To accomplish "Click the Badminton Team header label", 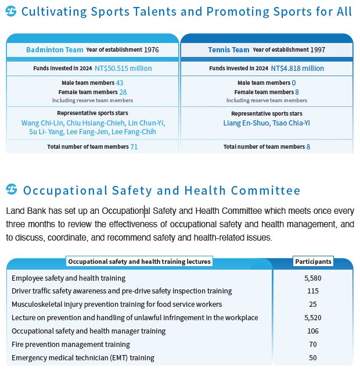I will tap(55, 50).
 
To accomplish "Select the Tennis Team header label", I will tap(228, 50).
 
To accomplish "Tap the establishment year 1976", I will tap(152, 50).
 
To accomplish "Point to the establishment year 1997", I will tap(318, 50).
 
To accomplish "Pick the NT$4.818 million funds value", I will tap(297, 69).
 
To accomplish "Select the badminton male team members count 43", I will tap(120, 83).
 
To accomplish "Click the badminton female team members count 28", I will tap(123, 92).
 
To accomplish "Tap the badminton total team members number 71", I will tap(134, 147).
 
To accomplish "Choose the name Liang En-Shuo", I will tap(245, 123).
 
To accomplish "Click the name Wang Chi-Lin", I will tap(42, 123).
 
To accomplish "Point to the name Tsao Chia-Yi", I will tap(291, 123).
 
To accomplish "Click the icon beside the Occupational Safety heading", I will tap(12, 189).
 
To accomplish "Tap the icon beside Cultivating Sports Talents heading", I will tap(12, 11).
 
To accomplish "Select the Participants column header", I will tap(313, 262).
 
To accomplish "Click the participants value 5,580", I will tap(312, 278).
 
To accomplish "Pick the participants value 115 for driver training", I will tap(312, 291).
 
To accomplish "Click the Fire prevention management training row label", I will tap(70, 345).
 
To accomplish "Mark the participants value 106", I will tap(312, 331).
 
